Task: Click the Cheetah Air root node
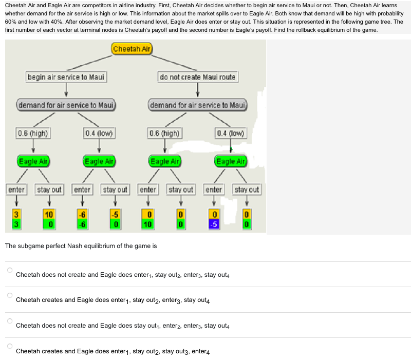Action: pyautogui.click(x=132, y=49)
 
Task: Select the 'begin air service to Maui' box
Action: pyautogui.click(x=66, y=77)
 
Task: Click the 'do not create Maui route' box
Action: pyautogui.click(x=198, y=77)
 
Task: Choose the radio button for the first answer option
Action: pyautogui.click(x=9, y=270)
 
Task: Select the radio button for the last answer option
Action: pyautogui.click(x=9, y=347)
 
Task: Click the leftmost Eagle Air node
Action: pyautogui.click(x=33, y=161)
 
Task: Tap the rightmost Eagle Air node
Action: pyautogui.click(x=231, y=161)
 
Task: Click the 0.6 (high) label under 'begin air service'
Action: pyautogui.click(x=33, y=134)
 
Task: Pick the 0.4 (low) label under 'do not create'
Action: pyautogui.click(x=231, y=134)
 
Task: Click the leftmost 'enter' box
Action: pyautogui.click(x=16, y=190)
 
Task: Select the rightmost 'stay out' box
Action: pyautogui.click(x=247, y=190)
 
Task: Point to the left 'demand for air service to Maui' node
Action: pyautogui.click(x=66, y=105)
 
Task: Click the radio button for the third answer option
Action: pyautogui.click(x=9, y=321)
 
